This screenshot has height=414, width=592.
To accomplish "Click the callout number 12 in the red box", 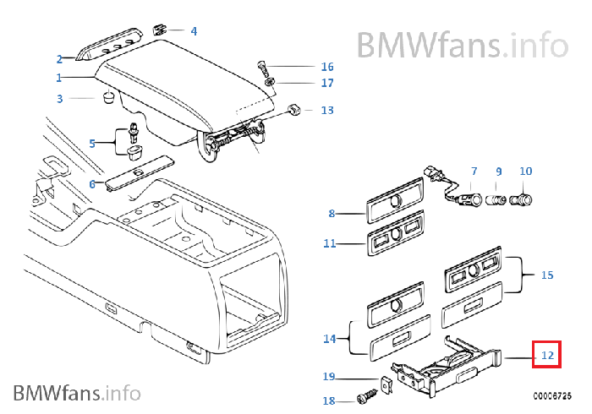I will [x=547, y=356].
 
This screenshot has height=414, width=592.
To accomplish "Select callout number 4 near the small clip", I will [x=194, y=31].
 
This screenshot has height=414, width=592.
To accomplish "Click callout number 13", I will [x=327, y=111].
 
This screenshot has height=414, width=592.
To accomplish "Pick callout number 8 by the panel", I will [x=332, y=214].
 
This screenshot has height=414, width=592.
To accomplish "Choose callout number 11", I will [x=329, y=244].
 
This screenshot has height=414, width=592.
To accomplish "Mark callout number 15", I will [x=547, y=275].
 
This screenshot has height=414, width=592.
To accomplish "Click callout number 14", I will [x=329, y=339].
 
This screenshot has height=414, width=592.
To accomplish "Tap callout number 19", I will [x=329, y=376].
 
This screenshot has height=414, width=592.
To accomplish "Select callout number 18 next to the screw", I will [x=329, y=401].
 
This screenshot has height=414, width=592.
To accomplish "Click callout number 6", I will [x=92, y=183].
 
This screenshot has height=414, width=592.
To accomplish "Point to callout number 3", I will [x=60, y=99].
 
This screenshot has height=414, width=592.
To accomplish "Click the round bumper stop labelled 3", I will [x=109, y=98].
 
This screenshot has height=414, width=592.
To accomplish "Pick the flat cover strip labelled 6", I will [x=140, y=172].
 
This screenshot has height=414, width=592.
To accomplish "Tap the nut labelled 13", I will [x=293, y=110].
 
